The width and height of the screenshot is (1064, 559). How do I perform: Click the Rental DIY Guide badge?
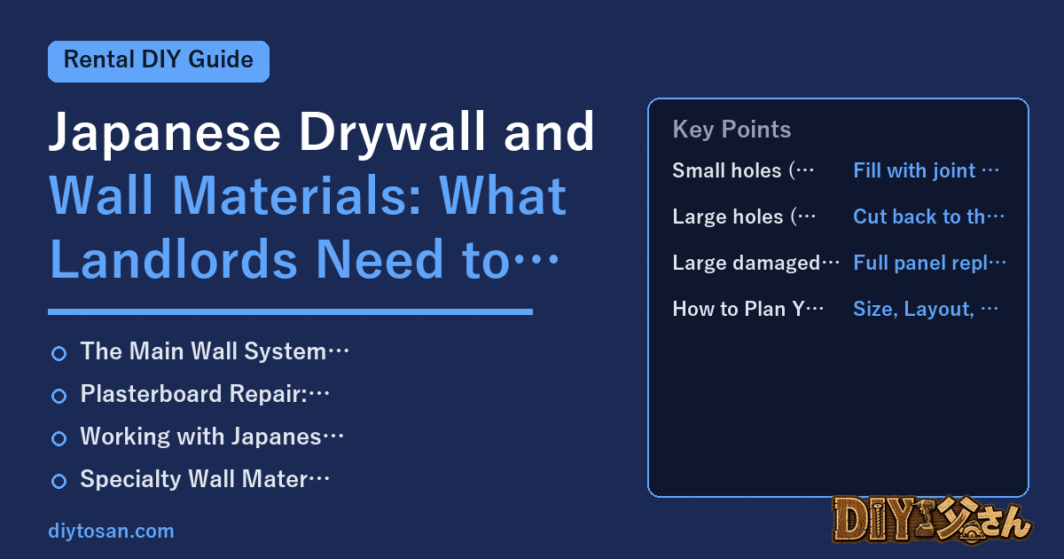coord(159,61)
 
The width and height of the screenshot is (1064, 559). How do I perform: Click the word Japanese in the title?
coord(165,132)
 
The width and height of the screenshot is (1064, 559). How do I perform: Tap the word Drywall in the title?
coord(392,132)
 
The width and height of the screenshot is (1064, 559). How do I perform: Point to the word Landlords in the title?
coord(174,259)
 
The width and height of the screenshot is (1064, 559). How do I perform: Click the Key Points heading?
coord(731,130)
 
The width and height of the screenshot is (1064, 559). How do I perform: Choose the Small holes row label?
coord(743,170)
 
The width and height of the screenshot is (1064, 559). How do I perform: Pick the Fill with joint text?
coord(926,170)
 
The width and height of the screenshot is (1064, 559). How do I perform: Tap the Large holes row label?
coord(744,217)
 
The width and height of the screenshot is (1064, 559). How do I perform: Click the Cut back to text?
coord(928,217)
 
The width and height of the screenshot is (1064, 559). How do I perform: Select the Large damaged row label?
coord(755,263)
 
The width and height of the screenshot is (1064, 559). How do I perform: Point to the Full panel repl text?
coord(929,263)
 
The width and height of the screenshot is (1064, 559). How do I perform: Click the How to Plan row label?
coord(748,309)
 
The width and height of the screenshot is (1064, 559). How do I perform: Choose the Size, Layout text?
coord(926,309)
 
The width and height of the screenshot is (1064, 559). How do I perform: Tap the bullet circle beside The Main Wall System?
coord(59,353)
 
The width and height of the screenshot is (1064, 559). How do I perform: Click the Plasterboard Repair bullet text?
coord(205,394)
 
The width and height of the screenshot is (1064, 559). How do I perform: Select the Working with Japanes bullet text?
coord(212,437)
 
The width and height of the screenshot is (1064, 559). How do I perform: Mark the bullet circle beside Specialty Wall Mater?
coord(59,481)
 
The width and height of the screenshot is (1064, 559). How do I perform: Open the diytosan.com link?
coord(111,531)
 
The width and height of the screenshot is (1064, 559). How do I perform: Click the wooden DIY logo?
coord(932,520)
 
